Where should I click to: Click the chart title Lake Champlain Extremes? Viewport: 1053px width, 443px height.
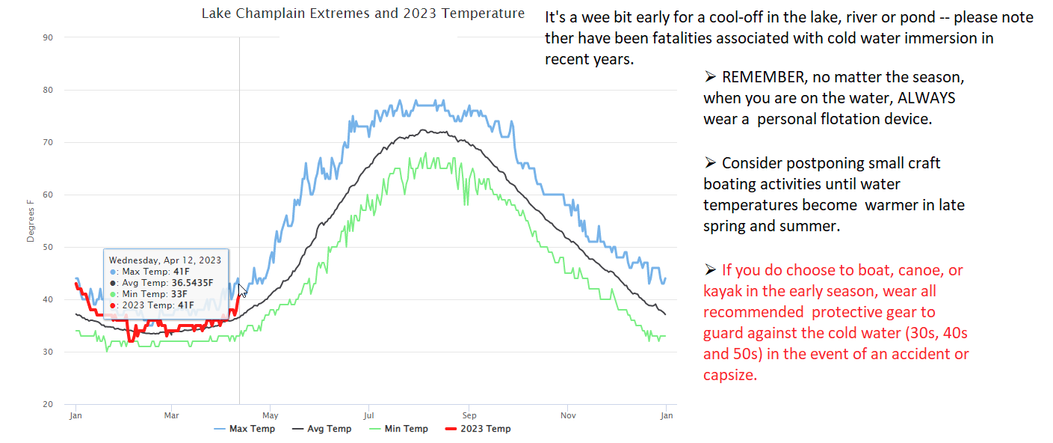coord(362,14)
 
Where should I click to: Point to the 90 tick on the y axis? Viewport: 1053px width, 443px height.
coord(48,37)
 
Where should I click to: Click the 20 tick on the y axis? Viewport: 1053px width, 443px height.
coord(48,404)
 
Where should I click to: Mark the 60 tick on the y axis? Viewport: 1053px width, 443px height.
coord(48,195)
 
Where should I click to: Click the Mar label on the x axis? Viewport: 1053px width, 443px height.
coord(172,415)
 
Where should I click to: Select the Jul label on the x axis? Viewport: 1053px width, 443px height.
coord(368,415)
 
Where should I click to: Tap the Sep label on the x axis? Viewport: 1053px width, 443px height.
coord(469,415)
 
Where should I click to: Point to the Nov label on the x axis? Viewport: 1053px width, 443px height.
coord(568,415)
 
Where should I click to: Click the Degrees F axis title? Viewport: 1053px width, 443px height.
coord(31,220)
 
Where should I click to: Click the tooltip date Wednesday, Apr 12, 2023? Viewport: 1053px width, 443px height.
coord(165,260)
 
